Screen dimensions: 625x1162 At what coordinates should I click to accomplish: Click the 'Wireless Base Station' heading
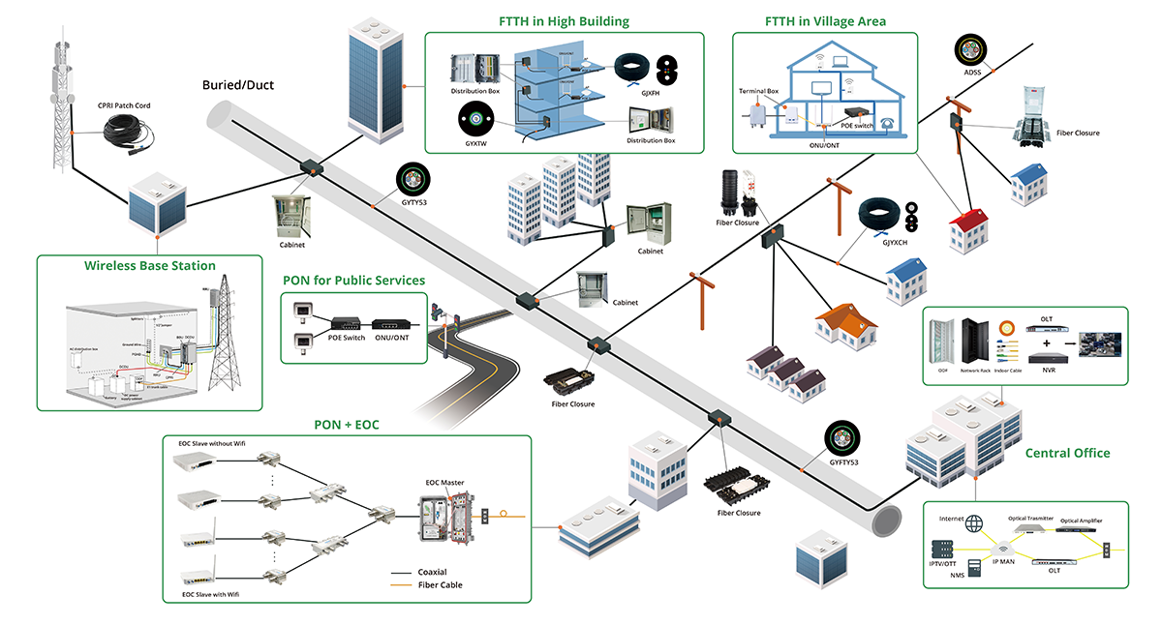pyautogui.click(x=149, y=265)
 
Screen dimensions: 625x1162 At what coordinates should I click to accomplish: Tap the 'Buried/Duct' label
pyautogui.click(x=237, y=85)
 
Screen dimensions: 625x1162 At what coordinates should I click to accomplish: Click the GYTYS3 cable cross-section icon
pyautogui.click(x=412, y=178)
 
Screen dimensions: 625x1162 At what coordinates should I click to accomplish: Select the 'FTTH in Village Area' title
pyautogui.click(x=825, y=21)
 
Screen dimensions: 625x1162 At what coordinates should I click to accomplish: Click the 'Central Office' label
pyautogui.click(x=1067, y=453)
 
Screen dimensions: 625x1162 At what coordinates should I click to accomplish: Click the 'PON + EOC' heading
pyautogui.click(x=347, y=425)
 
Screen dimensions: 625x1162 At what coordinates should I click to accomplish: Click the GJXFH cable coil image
pyautogui.click(x=633, y=68)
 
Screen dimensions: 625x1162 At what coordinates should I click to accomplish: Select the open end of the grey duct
pyautogui.click(x=889, y=521)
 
